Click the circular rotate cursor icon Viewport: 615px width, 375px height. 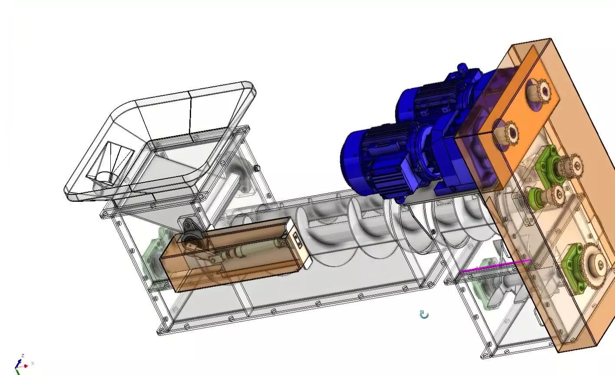coord(424,315)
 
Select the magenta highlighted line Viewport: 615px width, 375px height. coord(495,266)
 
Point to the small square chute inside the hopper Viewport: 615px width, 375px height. coord(111,165)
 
